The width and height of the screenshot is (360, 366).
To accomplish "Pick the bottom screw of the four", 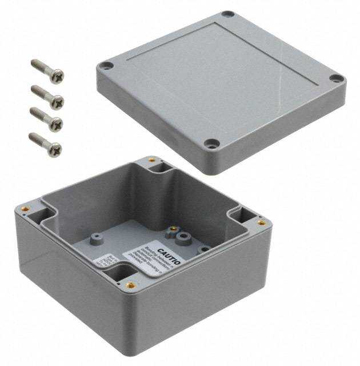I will [x=45, y=143].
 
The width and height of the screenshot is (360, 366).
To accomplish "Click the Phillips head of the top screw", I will [x=57, y=76].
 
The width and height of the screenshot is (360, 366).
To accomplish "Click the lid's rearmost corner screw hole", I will [x=227, y=14].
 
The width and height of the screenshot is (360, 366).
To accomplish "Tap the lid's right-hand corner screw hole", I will [x=337, y=78].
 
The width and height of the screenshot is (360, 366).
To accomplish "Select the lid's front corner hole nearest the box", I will [x=212, y=144].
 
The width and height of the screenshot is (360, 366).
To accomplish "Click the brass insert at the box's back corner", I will [x=151, y=160].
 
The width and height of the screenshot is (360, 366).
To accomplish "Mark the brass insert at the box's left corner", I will [x=25, y=209].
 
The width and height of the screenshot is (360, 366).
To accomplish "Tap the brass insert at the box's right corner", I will [x=261, y=222].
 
